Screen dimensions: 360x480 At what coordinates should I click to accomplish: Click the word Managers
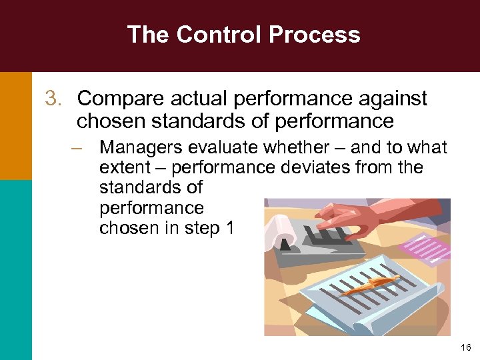[x=137, y=147]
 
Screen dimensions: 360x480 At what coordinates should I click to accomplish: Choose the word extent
[x=122, y=167]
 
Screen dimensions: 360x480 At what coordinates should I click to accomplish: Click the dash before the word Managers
[x=79, y=147]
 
